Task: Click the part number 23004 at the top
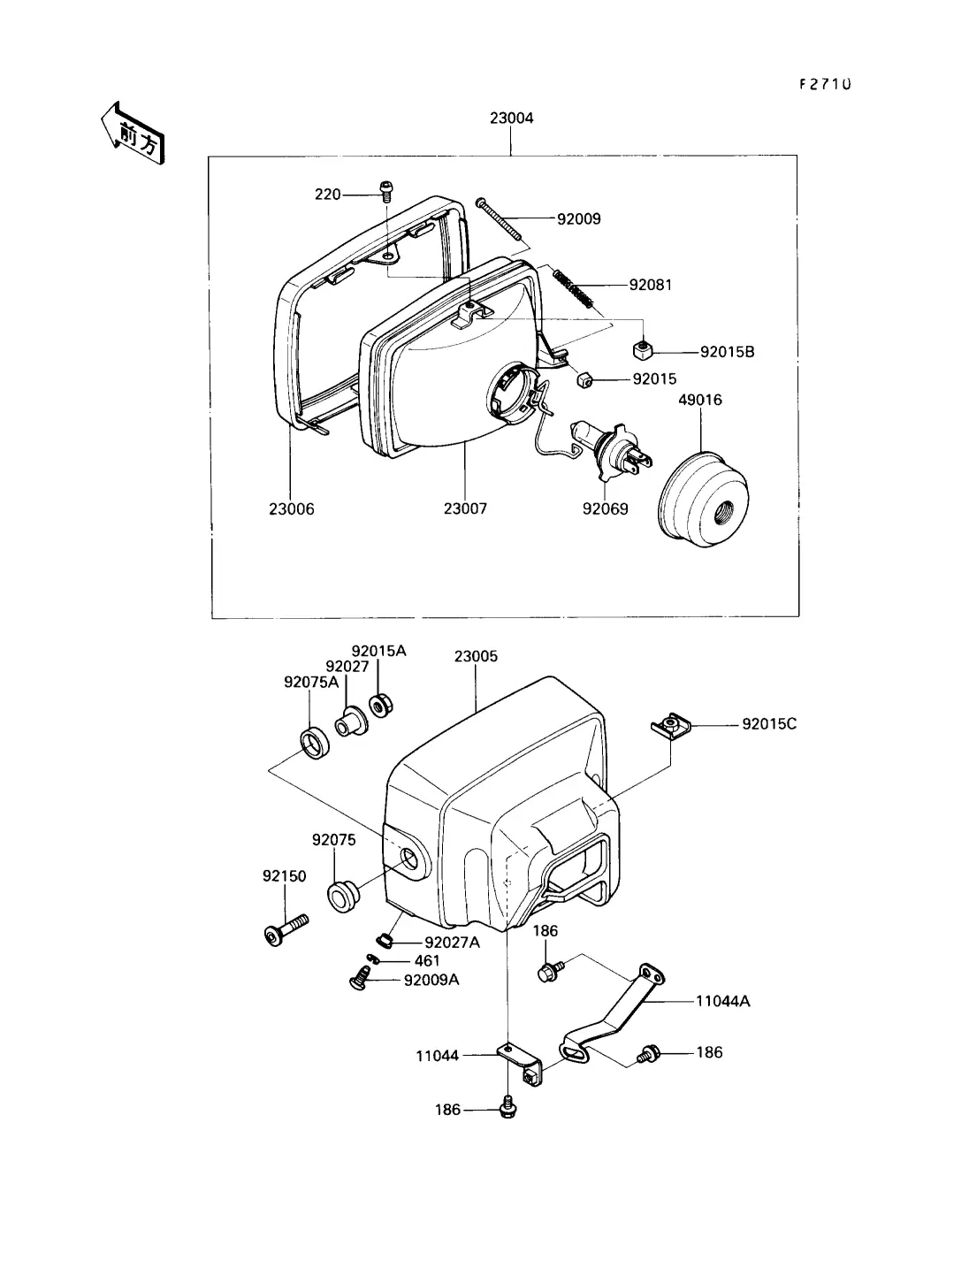511,118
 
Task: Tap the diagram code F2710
825,84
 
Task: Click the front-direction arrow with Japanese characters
134,134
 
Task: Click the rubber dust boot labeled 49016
704,500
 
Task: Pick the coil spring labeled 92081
573,289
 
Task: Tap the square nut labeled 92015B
642,349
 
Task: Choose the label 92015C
769,724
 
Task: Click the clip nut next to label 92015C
670,725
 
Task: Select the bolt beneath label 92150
286,930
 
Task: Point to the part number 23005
476,656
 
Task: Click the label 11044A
722,1001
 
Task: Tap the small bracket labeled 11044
520,1064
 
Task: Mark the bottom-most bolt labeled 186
507,1106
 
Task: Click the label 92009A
431,981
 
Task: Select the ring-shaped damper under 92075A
315,744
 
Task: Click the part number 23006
292,509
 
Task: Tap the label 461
427,960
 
